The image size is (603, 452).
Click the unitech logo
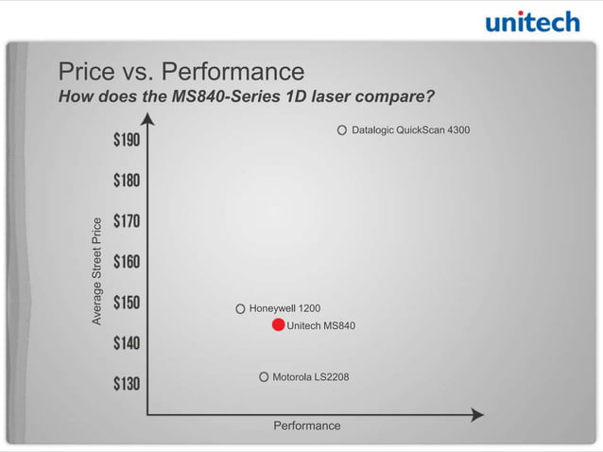pyautogui.click(x=531, y=22)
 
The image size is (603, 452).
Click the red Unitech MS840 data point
pyautogui.click(x=278, y=325)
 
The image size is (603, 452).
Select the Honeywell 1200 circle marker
pyautogui.click(x=241, y=308)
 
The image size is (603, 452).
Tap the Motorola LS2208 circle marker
pyautogui.click(x=264, y=377)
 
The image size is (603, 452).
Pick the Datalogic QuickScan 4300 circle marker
pyautogui.click(x=342, y=130)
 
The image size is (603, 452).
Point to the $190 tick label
pyautogui.click(x=127, y=140)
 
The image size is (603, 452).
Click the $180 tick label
pyautogui.click(x=127, y=181)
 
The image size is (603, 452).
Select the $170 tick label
pyautogui.click(x=127, y=221)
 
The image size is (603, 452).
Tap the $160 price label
pyautogui.click(x=127, y=261)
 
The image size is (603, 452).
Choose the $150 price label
pyautogui.click(x=127, y=303)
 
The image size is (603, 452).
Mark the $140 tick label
pyautogui.click(x=127, y=342)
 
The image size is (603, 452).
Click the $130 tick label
pyautogui.click(x=127, y=383)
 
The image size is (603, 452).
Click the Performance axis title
pyautogui.click(x=306, y=426)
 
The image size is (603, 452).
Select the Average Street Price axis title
pyautogui.click(x=96, y=271)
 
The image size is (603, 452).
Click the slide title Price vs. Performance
pyautogui.click(x=181, y=72)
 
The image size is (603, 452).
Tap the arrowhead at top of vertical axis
pyautogui.click(x=147, y=119)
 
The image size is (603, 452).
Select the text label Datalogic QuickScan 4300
pyautogui.click(x=410, y=130)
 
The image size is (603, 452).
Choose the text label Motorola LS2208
pyautogui.click(x=310, y=377)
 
